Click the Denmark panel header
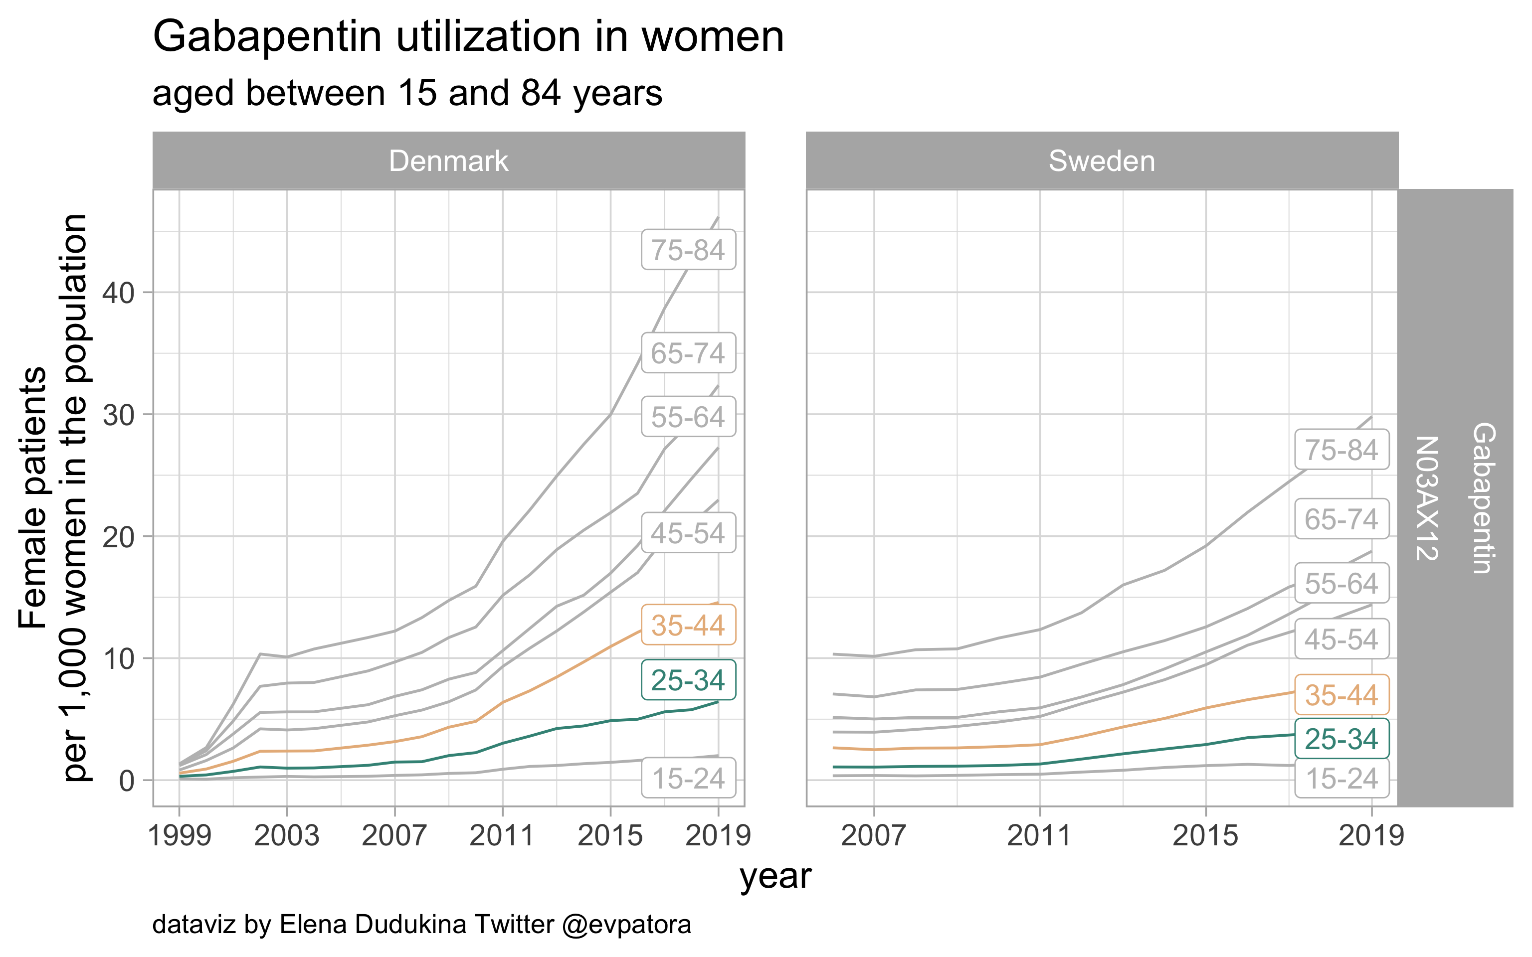coord(448,161)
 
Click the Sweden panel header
coord(1102,161)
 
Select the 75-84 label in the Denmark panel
coord(688,250)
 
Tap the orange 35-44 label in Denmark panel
coord(688,626)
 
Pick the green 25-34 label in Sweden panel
coord(1341,739)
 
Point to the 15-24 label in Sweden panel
coord(1341,779)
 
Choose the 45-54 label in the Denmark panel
coord(688,533)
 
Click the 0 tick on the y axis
coord(127,781)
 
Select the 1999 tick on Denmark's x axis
coord(179,836)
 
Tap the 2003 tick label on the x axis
coord(287,836)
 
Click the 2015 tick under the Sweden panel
coord(1205,836)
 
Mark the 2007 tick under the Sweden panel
coord(874,836)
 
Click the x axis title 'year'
coord(775,877)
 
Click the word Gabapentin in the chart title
coord(267,37)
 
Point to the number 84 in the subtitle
coord(541,93)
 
